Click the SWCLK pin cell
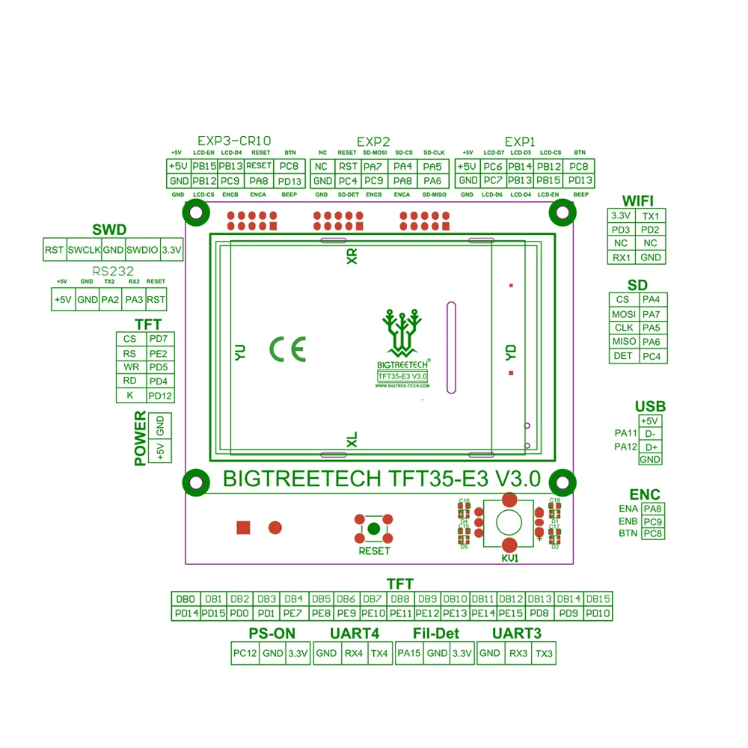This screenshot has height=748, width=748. tap(84, 250)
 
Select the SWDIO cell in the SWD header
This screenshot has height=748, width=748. tap(142, 250)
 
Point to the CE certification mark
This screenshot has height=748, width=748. tap(288, 349)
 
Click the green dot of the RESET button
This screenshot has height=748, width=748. tap(374, 529)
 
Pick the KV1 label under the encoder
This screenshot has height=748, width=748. tap(510, 558)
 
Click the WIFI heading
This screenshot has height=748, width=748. tap(638, 200)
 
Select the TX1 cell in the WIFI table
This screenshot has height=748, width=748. tap(651, 216)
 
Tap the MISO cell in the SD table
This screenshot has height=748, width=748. tap(623, 342)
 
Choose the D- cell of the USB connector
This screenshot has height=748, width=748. tap(650, 434)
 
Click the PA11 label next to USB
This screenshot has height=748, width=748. tap(625, 434)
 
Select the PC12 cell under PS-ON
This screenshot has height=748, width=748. tap(245, 654)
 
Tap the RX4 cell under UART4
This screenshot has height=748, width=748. tap(353, 654)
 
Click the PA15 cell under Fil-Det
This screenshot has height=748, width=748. tap(408, 654)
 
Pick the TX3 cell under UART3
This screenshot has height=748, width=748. tap(544, 654)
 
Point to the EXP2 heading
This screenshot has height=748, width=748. tap(373, 141)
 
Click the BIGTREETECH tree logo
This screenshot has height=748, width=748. tap(402, 329)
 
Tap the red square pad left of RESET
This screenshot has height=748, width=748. tap(243, 528)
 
